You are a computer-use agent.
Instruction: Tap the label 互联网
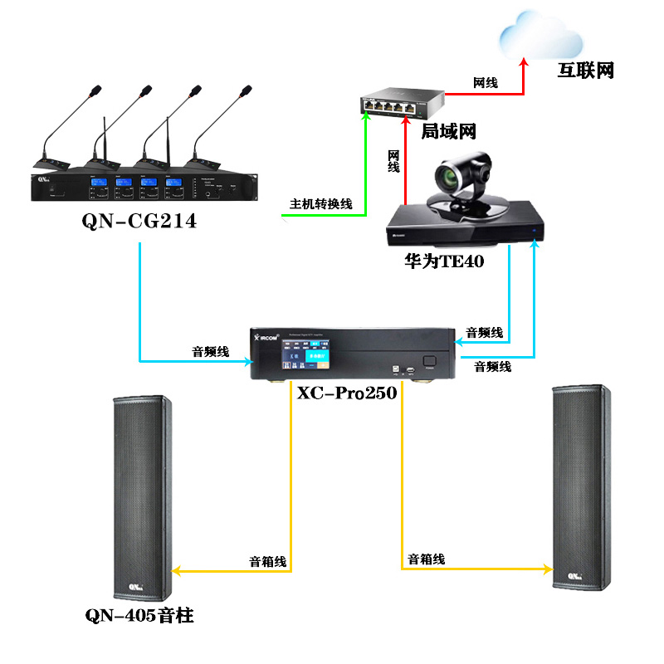[585, 71]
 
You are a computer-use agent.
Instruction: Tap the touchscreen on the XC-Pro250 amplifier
[304, 359]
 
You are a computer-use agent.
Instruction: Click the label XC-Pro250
[347, 393]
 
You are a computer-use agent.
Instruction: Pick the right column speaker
[580, 490]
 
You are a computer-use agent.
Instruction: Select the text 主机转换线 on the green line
[320, 203]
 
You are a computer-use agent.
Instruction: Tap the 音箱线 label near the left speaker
[268, 562]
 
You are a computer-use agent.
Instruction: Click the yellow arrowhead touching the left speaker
[177, 571]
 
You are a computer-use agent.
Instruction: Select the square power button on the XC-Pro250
[429, 361]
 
